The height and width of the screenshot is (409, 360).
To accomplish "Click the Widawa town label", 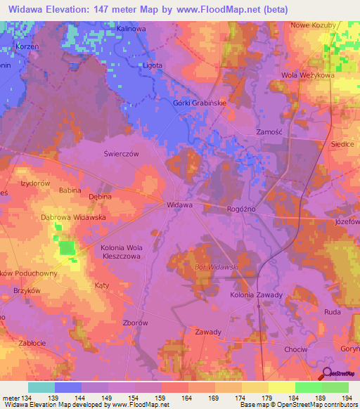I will (x=179, y=205).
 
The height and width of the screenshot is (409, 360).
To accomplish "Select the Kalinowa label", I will (x=131, y=29).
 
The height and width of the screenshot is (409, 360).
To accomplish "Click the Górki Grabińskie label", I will (x=200, y=103).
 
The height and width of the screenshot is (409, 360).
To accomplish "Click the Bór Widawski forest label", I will (x=217, y=268).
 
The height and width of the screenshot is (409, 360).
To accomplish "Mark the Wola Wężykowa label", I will (x=307, y=74).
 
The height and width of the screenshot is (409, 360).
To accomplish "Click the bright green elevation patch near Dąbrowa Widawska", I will (x=67, y=247).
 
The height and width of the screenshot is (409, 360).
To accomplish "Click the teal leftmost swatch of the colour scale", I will (x=41, y=387).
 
